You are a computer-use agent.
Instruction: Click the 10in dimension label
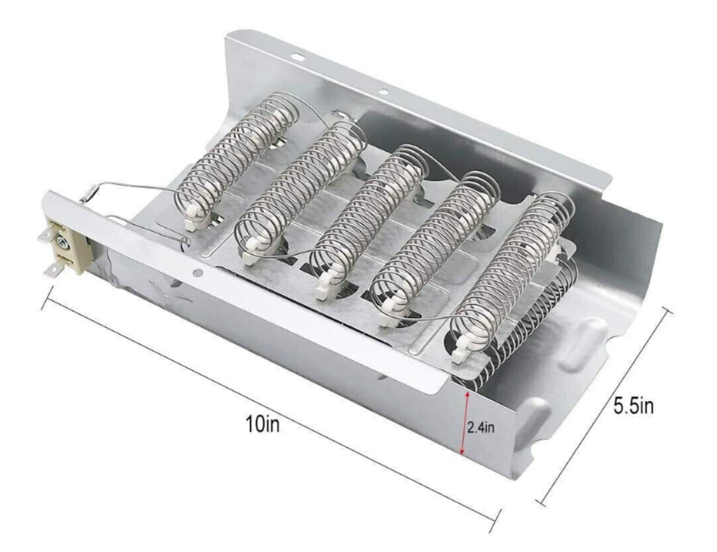pos(262,424)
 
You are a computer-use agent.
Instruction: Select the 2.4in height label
pos(480,428)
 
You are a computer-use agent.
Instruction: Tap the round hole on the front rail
pos(197,272)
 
